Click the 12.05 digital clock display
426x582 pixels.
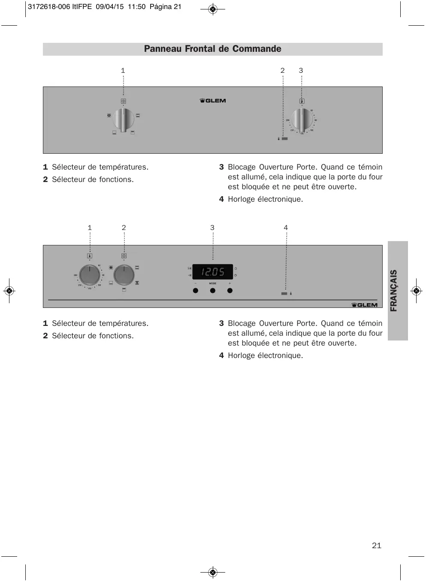pyautogui.click(x=213, y=272)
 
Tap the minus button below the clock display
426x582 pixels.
pyautogui.click(x=196, y=291)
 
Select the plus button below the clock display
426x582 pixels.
pyautogui.click(x=230, y=291)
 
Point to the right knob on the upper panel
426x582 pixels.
pyautogui.click(x=302, y=120)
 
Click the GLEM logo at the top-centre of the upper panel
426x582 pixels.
pyautogui.click(x=213, y=101)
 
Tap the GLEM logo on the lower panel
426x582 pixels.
pyautogui.click(x=365, y=305)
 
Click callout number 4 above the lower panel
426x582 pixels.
pyautogui.click(x=286, y=228)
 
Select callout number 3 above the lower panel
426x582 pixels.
pyautogui.click(x=212, y=228)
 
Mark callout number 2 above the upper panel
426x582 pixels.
pyautogui.click(x=283, y=71)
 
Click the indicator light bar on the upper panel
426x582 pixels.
pyautogui.click(x=285, y=139)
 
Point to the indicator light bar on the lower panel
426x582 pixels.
pyautogui.click(x=284, y=293)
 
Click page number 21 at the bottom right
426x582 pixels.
pyautogui.click(x=377, y=546)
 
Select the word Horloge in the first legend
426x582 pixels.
pyautogui.click(x=241, y=199)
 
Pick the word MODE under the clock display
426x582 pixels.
pyautogui.click(x=213, y=284)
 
